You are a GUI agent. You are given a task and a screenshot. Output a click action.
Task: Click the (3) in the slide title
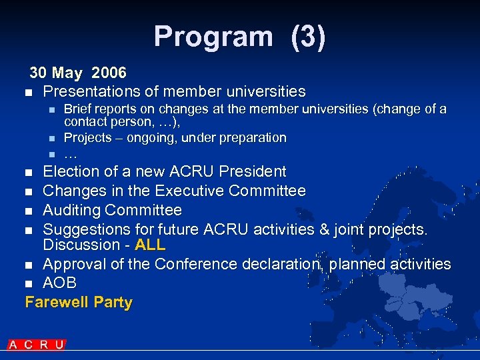308,37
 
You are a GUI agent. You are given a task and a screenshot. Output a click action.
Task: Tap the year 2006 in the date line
109,72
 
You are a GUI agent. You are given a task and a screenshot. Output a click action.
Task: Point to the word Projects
88,138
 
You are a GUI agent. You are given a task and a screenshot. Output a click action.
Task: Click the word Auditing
73,211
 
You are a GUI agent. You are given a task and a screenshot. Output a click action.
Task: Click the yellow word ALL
150,245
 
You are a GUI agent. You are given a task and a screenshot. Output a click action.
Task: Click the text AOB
60,283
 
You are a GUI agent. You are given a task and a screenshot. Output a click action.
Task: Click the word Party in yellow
113,303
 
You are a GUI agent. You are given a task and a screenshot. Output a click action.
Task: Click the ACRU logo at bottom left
37,345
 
